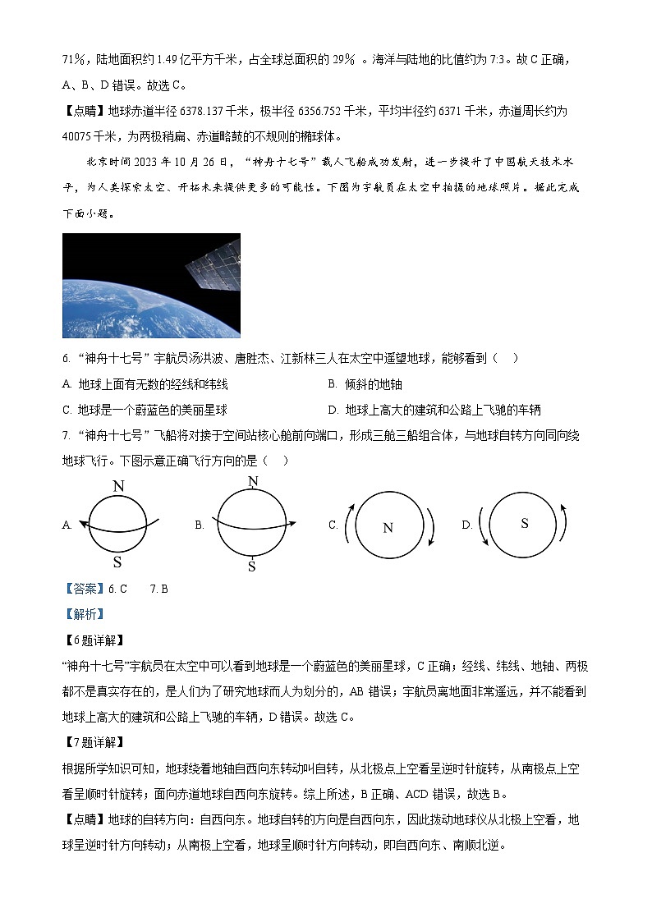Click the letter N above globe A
(x=118, y=487)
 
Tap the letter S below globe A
(x=117, y=562)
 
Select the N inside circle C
(x=388, y=528)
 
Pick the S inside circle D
(x=524, y=524)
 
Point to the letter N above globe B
(x=253, y=481)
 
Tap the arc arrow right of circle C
(x=431, y=525)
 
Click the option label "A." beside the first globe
(x=67, y=525)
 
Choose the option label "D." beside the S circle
(x=466, y=525)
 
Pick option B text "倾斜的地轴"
(x=374, y=384)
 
